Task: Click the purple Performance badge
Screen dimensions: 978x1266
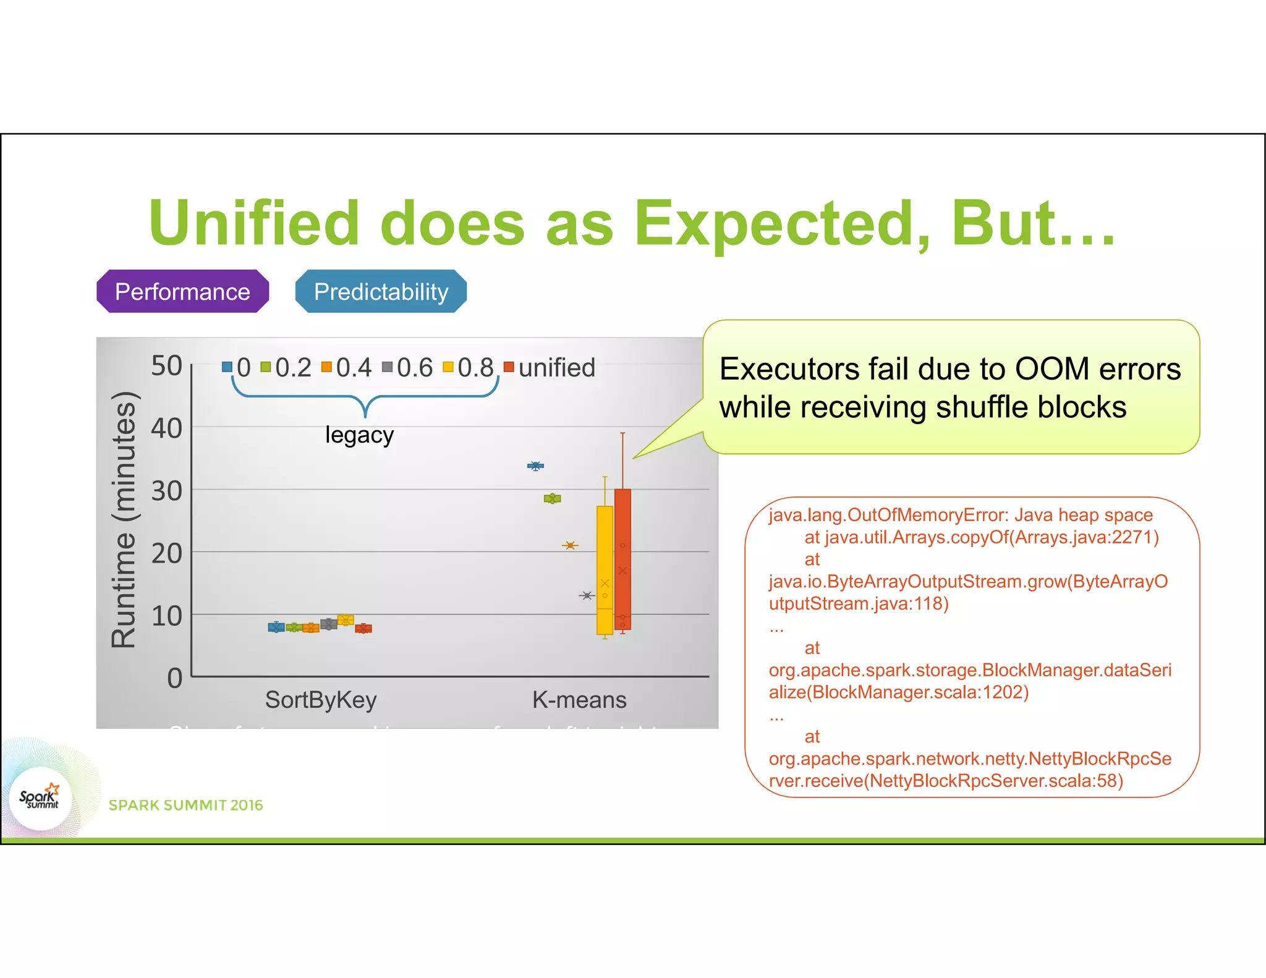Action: point(182,291)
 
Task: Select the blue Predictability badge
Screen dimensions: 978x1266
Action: point(381,291)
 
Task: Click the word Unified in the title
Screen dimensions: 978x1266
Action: point(254,223)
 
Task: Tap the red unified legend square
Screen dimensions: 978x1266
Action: point(509,367)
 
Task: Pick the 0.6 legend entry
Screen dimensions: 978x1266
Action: point(408,368)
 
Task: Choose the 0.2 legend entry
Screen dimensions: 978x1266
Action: point(286,368)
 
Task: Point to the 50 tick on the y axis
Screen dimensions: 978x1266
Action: point(166,366)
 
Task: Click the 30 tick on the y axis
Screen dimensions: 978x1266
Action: point(166,491)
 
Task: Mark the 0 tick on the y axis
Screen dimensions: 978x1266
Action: point(174,678)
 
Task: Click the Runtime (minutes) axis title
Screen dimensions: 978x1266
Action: point(123,520)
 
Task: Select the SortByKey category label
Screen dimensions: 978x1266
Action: point(321,700)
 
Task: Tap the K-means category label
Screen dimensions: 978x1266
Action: point(579,700)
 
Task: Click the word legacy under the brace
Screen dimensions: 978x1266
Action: point(359,435)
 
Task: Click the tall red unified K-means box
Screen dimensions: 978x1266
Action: point(622,559)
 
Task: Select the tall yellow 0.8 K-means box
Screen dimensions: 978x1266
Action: point(605,569)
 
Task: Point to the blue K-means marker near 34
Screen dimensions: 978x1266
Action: point(535,466)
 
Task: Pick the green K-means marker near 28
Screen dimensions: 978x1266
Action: point(552,498)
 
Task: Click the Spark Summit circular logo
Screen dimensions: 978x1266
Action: point(40,798)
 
